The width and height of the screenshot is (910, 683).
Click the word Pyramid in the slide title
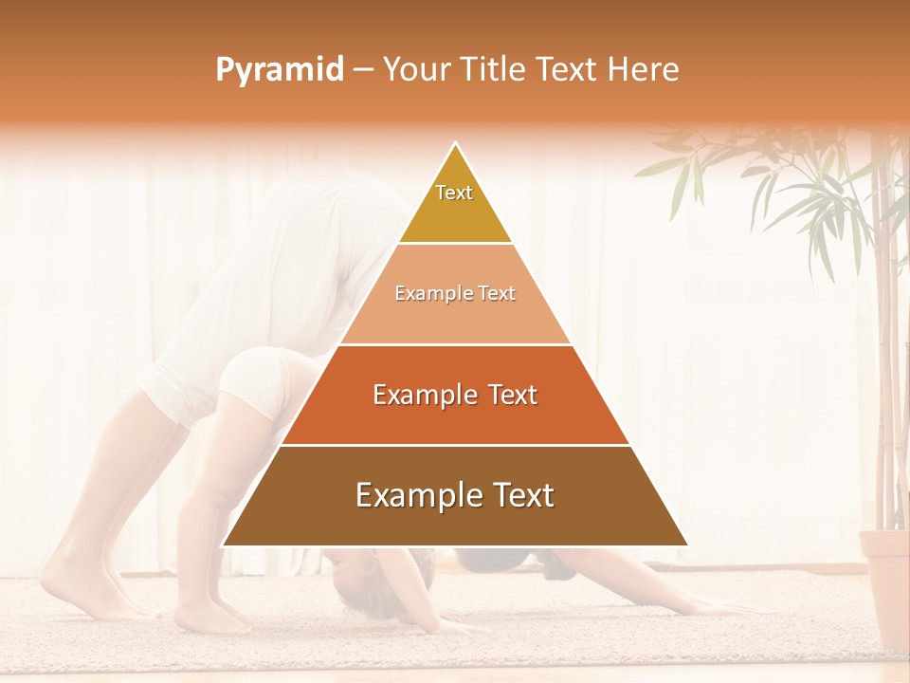(280, 70)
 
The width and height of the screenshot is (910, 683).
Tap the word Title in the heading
(494, 70)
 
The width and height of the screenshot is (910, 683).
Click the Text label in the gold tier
(454, 193)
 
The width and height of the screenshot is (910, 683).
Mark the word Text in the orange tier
(513, 395)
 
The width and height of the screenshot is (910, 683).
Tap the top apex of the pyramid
(455, 143)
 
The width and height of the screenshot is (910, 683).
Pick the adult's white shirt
(313, 247)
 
